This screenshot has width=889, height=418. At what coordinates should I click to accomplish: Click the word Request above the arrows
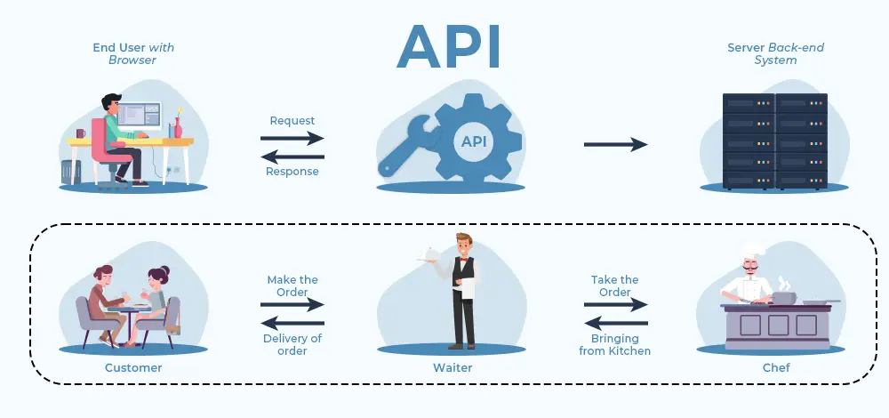292,120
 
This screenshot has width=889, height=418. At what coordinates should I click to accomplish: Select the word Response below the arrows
292,171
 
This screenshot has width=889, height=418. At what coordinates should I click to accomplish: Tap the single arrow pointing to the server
615,145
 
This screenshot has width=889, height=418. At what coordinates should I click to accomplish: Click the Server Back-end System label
764,54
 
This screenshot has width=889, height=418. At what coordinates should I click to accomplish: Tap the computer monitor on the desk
141,116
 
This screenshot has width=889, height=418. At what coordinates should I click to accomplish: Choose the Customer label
133,367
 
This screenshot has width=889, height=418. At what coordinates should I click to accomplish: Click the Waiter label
453,367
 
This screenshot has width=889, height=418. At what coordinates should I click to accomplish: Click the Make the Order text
292,285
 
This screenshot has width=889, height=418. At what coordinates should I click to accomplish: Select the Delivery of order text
292,343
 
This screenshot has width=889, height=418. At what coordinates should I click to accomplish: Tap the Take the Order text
615,285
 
